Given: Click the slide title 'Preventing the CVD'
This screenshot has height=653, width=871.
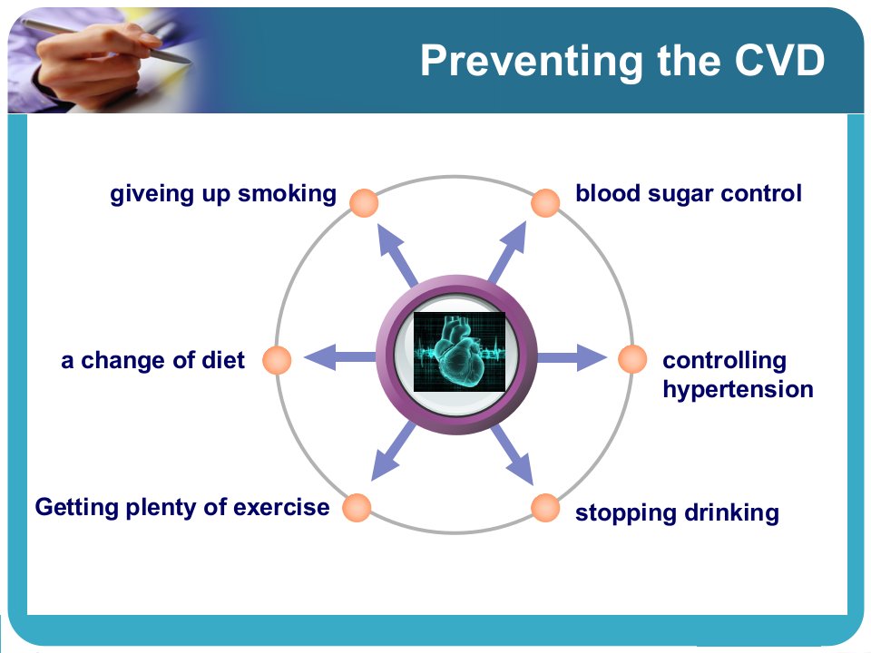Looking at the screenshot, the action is click(622, 61).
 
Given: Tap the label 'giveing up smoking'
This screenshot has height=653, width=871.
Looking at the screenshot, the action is click(223, 194).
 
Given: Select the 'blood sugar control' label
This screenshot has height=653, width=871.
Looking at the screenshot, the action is click(689, 194).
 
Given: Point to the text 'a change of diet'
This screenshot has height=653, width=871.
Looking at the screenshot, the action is click(152, 360).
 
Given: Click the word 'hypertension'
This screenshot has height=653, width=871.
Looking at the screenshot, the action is click(738, 390).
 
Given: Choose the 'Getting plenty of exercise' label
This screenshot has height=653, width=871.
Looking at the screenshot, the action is click(182, 508).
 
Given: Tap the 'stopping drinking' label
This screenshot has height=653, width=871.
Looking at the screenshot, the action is click(677, 513).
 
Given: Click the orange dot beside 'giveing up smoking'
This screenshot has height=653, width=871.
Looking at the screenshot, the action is click(364, 202).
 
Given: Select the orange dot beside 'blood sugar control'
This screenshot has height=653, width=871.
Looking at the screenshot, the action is click(545, 202).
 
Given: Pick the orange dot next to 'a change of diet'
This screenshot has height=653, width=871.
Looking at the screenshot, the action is click(277, 360).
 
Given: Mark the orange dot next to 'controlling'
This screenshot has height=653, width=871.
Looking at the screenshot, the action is click(632, 359).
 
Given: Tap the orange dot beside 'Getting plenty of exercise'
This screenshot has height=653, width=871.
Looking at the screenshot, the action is click(357, 508).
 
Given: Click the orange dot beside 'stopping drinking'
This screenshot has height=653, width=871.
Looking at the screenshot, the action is click(545, 508).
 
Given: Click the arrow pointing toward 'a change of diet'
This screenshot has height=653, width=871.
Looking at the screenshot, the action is click(340, 357).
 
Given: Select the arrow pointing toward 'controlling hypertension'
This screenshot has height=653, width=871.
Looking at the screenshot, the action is click(572, 357).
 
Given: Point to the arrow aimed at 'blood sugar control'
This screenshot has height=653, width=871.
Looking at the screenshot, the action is click(506, 253).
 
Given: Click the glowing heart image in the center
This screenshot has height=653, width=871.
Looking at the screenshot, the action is click(459, 352).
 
